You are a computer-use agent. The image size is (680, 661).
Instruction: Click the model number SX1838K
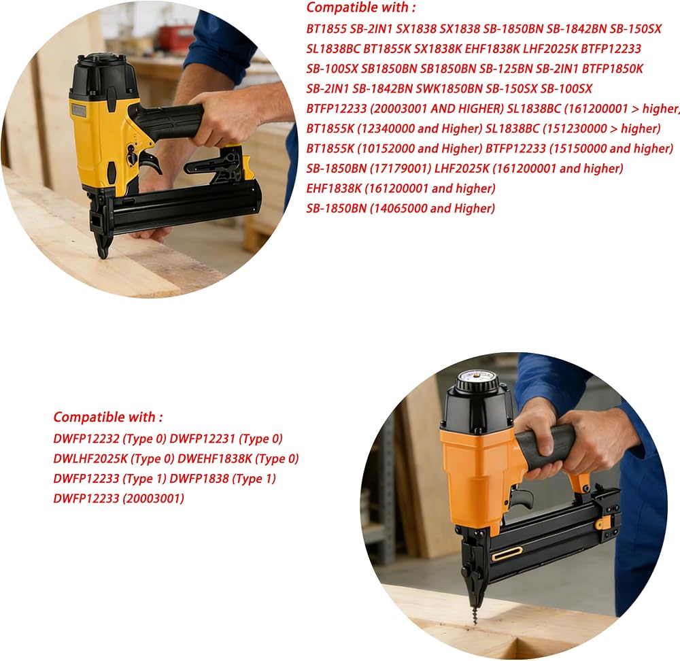437,49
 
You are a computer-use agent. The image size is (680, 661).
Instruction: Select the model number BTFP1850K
613,69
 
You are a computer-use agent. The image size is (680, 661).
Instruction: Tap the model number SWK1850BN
449,89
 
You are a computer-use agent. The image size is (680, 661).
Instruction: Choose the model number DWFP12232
86,439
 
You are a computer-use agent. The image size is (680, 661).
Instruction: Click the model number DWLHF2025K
90,459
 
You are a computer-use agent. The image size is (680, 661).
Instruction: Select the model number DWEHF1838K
215,459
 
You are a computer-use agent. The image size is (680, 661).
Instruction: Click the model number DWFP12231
203,439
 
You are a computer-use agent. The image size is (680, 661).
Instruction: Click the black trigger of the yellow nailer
152,163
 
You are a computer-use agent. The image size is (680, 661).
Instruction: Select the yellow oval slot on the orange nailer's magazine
507,553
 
